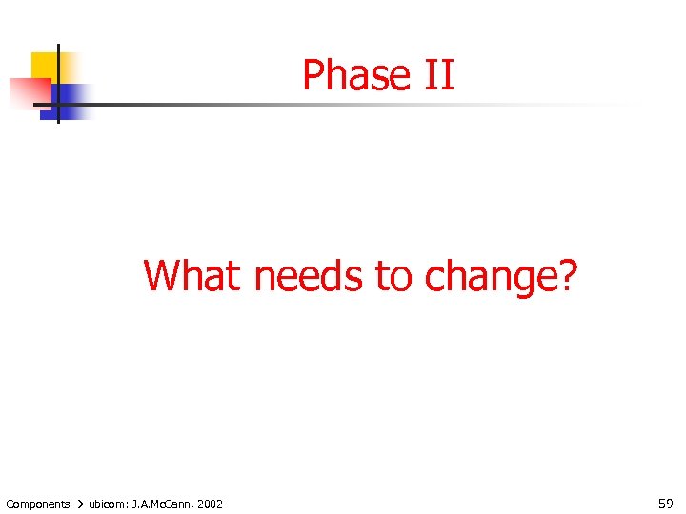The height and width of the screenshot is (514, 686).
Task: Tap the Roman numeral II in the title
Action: (x=436, y=75)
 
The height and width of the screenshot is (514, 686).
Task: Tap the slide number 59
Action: (x=666, y=503)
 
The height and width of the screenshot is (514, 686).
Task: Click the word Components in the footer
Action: (x=37, y=504)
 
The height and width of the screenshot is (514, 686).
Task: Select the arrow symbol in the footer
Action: (x=79, y=504)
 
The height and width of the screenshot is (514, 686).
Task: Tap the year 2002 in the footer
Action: (x=210, y=504)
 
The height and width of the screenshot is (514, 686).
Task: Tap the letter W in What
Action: (x=162, y=276)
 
